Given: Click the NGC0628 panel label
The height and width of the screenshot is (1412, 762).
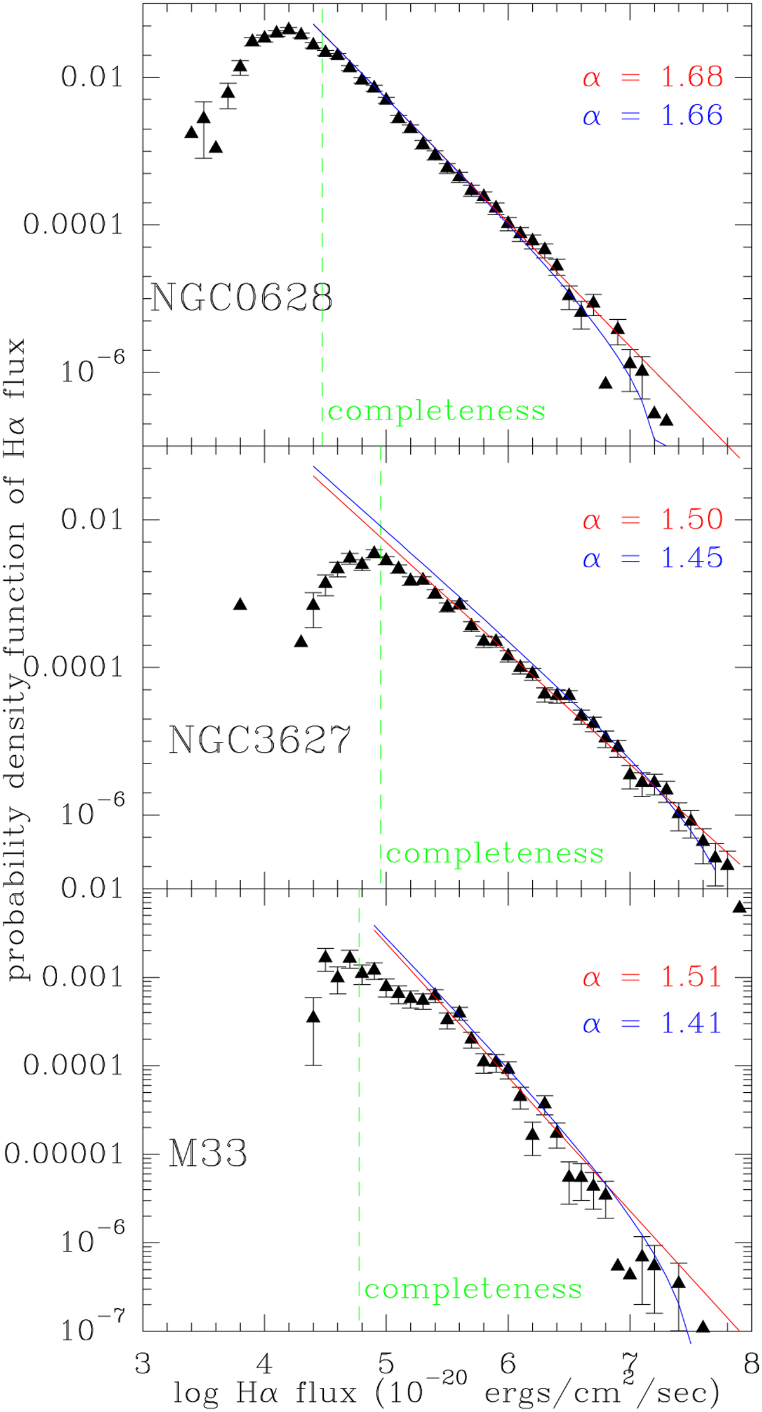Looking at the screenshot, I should point(241,297).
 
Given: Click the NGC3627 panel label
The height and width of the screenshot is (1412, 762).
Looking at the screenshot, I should point(260,740).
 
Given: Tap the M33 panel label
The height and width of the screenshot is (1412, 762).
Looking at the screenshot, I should point(208,1154).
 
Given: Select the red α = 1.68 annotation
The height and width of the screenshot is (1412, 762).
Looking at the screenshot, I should point(653,77).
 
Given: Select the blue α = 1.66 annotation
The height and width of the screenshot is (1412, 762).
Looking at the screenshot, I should point(653,115).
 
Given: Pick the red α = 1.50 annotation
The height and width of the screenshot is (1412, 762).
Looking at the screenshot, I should point(653,520).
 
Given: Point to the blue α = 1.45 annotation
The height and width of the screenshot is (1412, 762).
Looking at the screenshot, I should point(653,558).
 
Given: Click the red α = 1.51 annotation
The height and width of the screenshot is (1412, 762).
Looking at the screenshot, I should point(653,977).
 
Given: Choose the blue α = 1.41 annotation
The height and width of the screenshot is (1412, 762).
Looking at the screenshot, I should point(653,1023).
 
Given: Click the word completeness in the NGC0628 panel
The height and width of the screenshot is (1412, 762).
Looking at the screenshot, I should point(437,411).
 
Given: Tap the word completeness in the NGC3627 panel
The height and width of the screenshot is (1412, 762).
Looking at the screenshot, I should point(495,854).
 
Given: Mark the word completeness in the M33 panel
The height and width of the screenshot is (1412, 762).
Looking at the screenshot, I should point(473,1290).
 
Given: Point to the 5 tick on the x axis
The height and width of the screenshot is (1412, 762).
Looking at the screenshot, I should point(385,1364).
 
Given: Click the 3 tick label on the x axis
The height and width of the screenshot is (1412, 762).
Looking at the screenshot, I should point(143,1364).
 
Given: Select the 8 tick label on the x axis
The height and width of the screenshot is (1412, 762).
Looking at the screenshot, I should point(751,1364).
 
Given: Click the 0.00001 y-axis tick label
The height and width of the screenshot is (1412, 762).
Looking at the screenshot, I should point(63,1154).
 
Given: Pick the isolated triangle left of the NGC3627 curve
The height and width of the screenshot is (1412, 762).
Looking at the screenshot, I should point(240,604).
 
